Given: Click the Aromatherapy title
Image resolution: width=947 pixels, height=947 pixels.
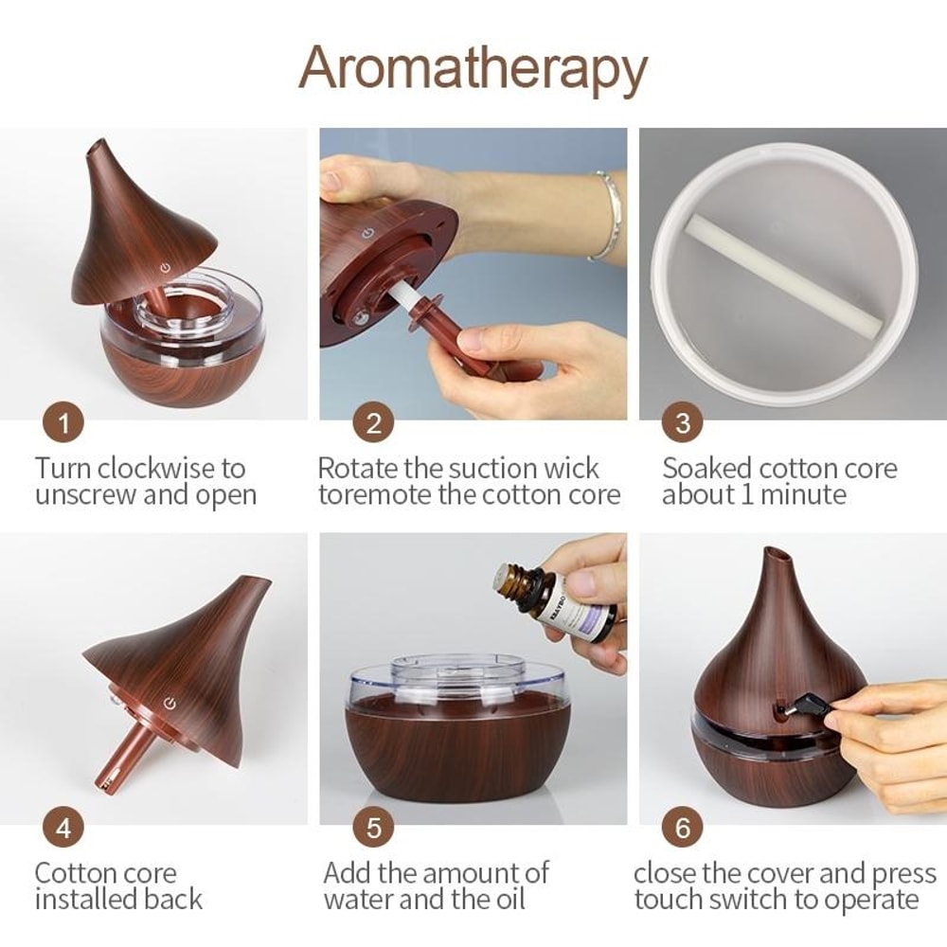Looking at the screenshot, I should tap(473, 68).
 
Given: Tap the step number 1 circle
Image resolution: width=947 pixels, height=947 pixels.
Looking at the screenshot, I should tap(63, 422).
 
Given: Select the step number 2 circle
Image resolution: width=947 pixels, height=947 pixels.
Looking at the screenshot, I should tap(373, 422).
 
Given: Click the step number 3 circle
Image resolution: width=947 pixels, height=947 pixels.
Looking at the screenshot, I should tap(683, 422).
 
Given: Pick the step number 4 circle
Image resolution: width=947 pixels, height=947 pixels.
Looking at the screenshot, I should tap(63, 828).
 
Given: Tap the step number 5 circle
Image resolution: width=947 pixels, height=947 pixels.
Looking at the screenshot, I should tap(373, 828).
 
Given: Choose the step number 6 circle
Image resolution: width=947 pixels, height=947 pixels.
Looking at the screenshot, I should tap(683, 828).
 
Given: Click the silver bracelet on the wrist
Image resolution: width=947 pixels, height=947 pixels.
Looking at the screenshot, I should tap(606, 216).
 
